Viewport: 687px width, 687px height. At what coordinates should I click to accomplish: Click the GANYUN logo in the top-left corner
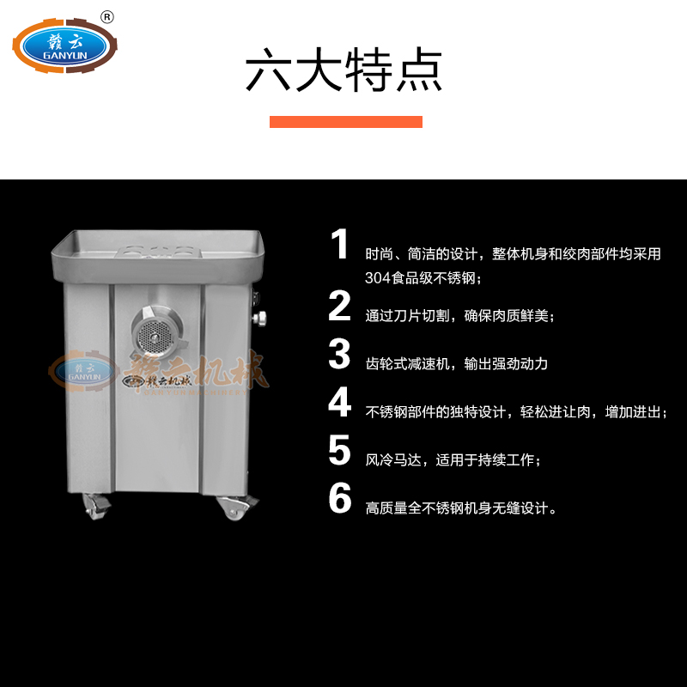point(65,46)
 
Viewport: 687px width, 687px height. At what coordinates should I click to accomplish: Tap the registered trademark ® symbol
point(106,17)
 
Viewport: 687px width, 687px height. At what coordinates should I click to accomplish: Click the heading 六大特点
point(343,70)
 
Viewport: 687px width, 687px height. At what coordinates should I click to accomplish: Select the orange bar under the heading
point(346,122)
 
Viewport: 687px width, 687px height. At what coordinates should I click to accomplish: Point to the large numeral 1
point(339,244)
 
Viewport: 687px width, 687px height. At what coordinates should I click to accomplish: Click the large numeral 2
point(339,306)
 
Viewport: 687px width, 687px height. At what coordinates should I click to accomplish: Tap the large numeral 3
point(339,354)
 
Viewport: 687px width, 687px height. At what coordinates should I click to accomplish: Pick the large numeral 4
point(339,402)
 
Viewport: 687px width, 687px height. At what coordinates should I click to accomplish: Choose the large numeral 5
point(339,450)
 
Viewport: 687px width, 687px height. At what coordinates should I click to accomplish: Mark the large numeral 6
point(340,498)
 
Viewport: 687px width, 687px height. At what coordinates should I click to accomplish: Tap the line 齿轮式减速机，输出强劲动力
point(457,363)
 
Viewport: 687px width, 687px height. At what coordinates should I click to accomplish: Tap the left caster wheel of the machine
point(96,507)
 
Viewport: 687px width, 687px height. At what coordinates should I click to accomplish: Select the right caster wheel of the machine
point(237,508)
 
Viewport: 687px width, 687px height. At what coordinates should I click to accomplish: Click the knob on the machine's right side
point(259,319)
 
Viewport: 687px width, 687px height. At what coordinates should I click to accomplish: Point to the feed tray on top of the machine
point(158,256)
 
